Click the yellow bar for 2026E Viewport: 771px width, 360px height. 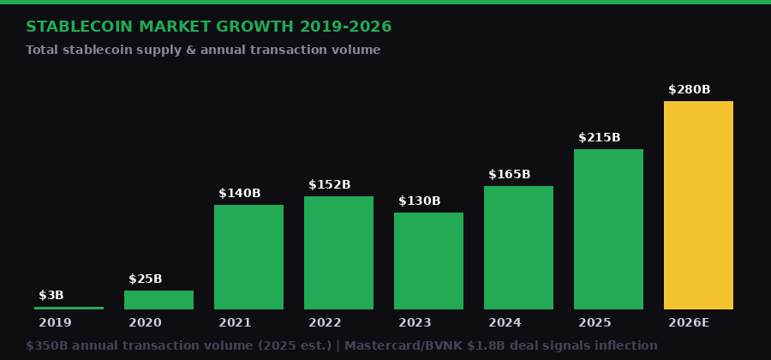pyautogui.click(x=698, y=206)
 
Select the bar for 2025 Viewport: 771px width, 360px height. pyautogui.click(x=608, y=230)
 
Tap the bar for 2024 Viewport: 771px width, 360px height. pyautogui.click(x=518, y=248)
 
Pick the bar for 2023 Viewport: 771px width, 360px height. pyautogui.click(x=428, y=261)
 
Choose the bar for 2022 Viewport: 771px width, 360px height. pyautogui.click(x=338, y=253)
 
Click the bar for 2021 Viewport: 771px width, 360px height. pyautogui.click(x=248, y=257)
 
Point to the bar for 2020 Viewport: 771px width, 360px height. pyautogui.click(x=158, y=300)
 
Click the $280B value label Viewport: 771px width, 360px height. pyautogui.click(x=689, y=90)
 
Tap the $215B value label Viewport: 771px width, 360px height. pyautogui.click(x=599, y=138)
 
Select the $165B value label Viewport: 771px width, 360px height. pyautogui.click(x=509, y=175)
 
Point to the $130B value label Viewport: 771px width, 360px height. pyautogui.click(x=419, y=201)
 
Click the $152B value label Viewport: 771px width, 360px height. pyautogui.click(x=329, y=185)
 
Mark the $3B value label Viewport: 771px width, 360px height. pyautogui.click(x=51, y=296)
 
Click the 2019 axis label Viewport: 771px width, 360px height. pyautogui.click(x=55, y=323)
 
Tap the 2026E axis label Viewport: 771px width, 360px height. pyautogui.click(x=689, y=323)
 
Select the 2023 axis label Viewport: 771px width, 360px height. pyautogui.click(x=415, y=323)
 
